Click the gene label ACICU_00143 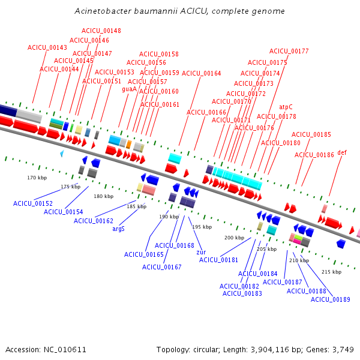click(47, 47)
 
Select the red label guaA click(129, 89)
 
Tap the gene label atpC click(286, 107)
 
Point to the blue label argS click(118, 229)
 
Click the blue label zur click(201, 253)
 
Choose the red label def click(342, 152)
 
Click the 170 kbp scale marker click(37, 178)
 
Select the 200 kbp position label click(234, 238)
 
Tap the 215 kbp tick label click(332, 272)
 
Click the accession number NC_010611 click(65, 350)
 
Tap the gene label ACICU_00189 click(331, 299)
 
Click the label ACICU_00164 click(202, 73)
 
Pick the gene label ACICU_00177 click(289, 51)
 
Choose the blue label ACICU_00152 click(33, 203)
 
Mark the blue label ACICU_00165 click(144, 254)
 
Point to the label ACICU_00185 click(311, 134)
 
